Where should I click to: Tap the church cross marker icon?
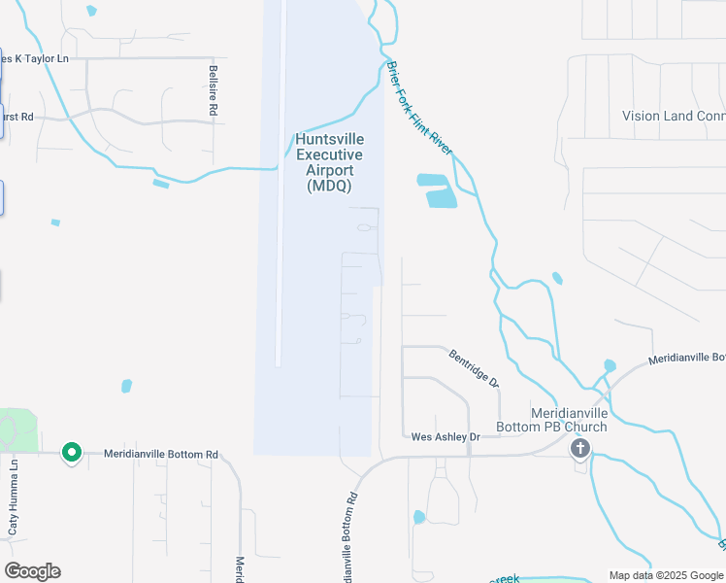click(580, 448)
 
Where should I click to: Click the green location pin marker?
click(71, 453)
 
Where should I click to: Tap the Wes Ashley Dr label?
click(445, 437)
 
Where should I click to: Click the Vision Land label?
click(671, 116)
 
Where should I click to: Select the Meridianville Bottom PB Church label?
click(569, 419)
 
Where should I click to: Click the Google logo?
click(32, 571)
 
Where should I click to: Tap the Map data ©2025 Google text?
click(666, 575)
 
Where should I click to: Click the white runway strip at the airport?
click(280, 194)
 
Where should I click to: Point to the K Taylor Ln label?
click(36, 58)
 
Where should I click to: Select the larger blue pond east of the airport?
click(441, 197)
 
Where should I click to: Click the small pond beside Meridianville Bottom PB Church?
click(609, 366)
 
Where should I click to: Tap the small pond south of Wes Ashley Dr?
click(418, 517)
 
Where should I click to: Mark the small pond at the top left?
click(91, 11)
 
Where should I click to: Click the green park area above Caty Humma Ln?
click(19, 428)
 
